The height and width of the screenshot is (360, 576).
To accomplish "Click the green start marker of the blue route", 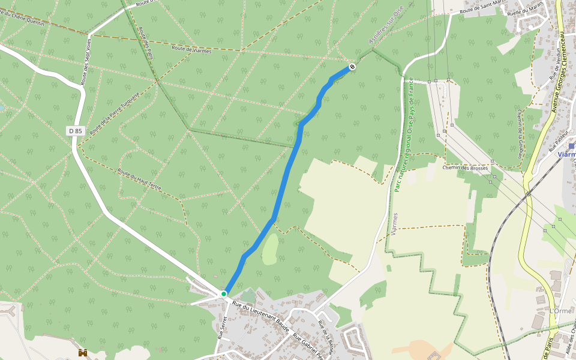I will [x=224, y=293].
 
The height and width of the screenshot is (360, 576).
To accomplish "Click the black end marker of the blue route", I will [x=352, y=67].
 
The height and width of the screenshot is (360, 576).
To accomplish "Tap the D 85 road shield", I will [x=74, y=130].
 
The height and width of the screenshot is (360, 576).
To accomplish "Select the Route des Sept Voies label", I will [x=86, y=62].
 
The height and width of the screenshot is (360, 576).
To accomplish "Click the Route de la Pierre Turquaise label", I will [x=115, y=113].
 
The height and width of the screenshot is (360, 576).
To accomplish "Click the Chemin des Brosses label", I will [x=465, y=167].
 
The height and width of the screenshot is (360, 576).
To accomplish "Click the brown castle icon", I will [x=83, y=353].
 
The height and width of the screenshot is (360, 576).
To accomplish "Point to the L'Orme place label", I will [x=560, y=311].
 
